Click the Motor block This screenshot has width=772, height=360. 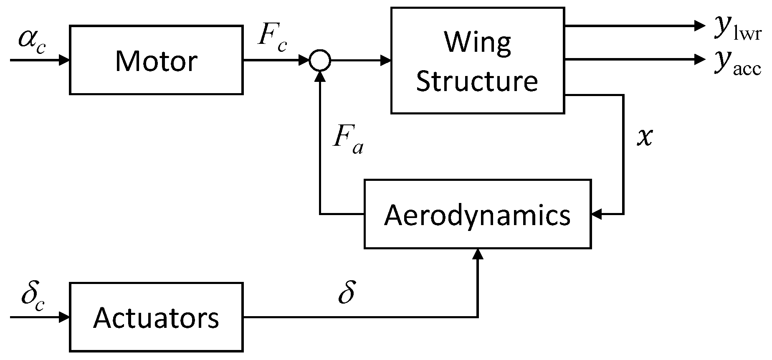(156, 60)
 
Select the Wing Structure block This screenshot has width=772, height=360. (477, 61)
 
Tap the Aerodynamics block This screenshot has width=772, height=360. (477, 215)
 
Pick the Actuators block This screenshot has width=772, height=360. (156, 317)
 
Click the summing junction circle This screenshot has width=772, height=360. (320, 61)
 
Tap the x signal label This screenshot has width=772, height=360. (644, 137)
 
